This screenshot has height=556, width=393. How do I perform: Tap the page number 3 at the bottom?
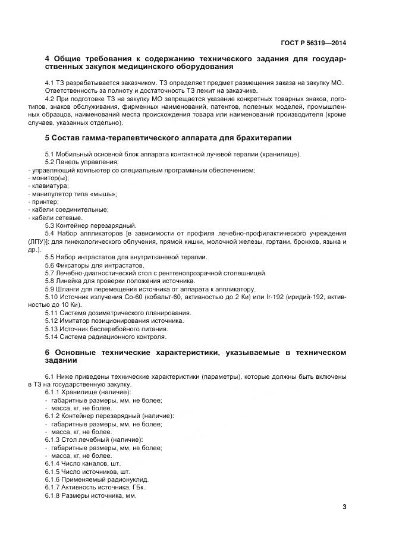click(344, 507)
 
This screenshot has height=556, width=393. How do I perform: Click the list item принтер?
click(45, 202)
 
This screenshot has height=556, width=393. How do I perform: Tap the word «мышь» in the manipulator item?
click(105, 194)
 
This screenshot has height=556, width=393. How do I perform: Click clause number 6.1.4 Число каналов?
click(54, 463)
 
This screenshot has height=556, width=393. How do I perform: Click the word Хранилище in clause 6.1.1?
click(82, 392)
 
